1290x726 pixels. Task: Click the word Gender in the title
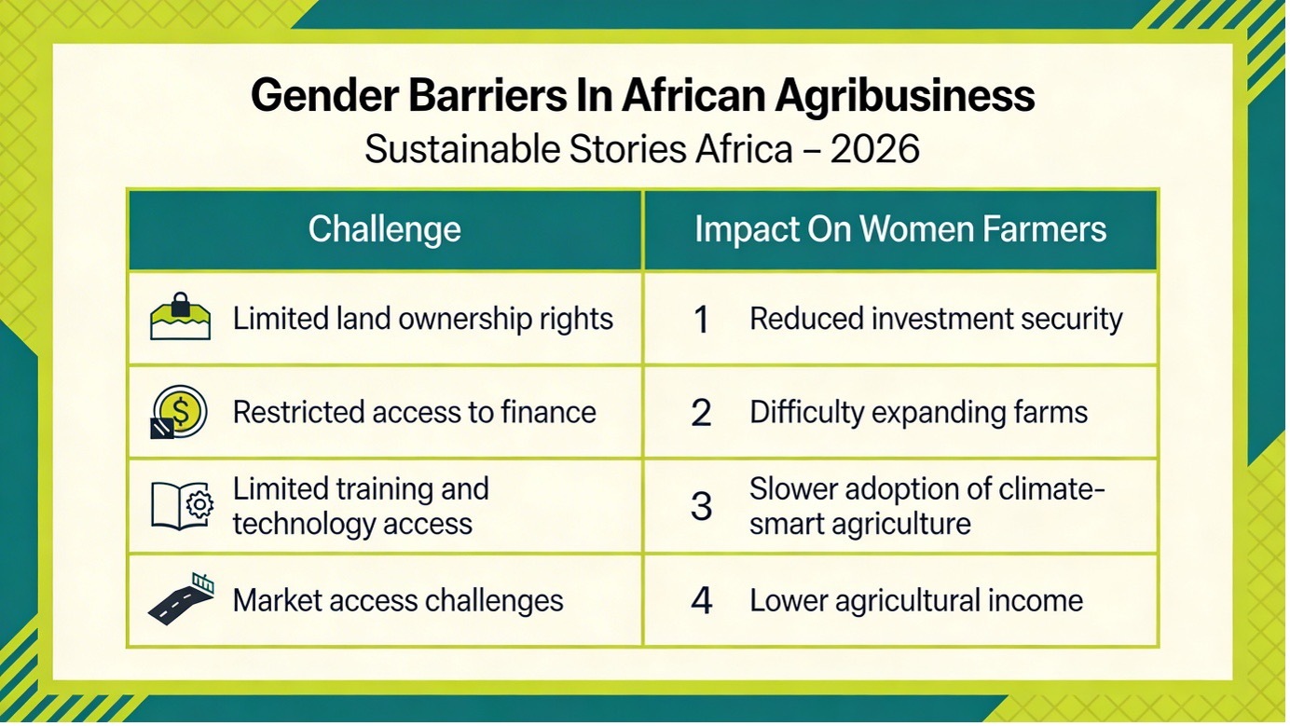[x=324, y=96]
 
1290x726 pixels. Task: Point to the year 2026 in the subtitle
[x=875, y=150]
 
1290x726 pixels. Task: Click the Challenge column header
[x=385, y=230]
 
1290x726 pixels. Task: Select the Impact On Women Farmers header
[x=900, y=229]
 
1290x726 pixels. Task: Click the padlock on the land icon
[x=180, y=304]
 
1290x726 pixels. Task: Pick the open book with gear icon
[x=183, y=505]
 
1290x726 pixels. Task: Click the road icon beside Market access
[x=182, y=599]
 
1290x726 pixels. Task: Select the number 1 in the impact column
[x=701, y=320]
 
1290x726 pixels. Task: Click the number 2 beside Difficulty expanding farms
[x=701, y=413]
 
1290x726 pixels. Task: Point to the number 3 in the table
[x=702, y=507]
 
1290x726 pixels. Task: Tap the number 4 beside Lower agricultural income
[x=702, y=600]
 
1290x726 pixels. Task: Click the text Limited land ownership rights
[x=423, y=320]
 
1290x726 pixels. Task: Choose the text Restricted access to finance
[x=415, y=412]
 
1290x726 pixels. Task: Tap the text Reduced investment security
[x=937, y=320]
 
